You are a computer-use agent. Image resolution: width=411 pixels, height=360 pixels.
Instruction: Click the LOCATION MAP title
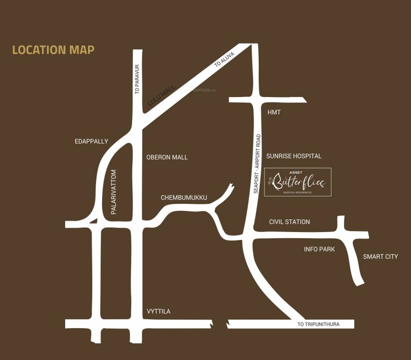[x=53, y=50]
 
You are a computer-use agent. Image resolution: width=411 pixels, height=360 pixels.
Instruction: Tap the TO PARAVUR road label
[x=137, y=79]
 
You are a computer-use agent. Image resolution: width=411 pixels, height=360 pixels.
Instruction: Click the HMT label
[x=274, y=112]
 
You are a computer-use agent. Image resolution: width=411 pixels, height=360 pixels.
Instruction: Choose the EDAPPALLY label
[x=91, y=141]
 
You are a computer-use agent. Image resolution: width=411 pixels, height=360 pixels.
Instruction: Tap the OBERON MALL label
[x=167, y=157]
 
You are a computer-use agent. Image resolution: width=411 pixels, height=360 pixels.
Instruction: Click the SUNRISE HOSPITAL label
[x=294, y=156]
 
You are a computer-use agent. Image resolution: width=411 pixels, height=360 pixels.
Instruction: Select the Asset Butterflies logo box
[x=298, y=182]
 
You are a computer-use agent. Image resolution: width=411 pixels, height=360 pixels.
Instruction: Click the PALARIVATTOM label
[x=113, y=192]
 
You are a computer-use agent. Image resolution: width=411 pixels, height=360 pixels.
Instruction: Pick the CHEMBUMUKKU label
[x=184, y=198]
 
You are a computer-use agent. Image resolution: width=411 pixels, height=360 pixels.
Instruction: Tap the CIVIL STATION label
[x=289, y=222]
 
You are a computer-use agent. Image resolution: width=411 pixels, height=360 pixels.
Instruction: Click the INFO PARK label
[x=319, y=249]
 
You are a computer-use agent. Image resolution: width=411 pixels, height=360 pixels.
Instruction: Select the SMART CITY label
[x=380, y=256]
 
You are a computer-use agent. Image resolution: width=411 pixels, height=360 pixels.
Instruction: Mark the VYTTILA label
[x=158, y=312]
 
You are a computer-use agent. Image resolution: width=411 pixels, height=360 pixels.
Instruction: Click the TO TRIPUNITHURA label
[x=319, y=324]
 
